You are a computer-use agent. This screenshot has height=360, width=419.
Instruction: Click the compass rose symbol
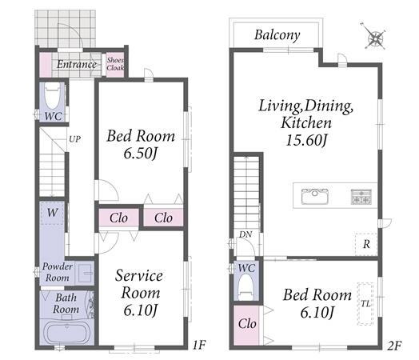(x=375, y=38)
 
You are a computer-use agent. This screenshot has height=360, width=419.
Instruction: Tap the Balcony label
(x=277, y=35)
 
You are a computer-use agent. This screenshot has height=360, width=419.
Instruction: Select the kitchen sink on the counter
(x=315, y=196)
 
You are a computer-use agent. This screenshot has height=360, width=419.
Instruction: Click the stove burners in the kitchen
(x=361, y=197)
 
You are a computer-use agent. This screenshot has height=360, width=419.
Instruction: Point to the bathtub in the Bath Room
(x=67, y=332)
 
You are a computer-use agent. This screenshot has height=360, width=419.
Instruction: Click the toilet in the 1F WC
(x=52, y=96)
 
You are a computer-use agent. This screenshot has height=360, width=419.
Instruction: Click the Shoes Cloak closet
(x=115, y=65)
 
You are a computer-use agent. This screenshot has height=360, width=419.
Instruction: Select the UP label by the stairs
(x=75, y=139)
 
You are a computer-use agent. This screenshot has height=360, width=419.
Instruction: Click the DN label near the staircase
(x=245, y=234)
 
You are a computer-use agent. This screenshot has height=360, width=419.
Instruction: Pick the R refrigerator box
(x=366, y=244)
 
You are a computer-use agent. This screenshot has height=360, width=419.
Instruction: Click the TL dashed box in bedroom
(x=365, y=304)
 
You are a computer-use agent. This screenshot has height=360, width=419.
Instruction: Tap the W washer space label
(x=53, y=213)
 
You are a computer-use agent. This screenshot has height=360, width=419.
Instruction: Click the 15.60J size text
(x=306, y=140)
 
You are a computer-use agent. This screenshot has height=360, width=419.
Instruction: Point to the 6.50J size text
(x=140, y=154)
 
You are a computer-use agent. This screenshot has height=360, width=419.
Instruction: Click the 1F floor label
(x=199, y=345)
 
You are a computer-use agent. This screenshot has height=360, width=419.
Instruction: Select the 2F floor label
(x=394, y=346)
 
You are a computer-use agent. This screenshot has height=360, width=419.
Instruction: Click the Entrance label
(x=77, y=65)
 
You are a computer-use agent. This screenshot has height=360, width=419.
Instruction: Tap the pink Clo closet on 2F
(x=246, y=325)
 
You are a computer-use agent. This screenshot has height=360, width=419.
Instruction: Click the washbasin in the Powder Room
(x=85, y=273)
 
